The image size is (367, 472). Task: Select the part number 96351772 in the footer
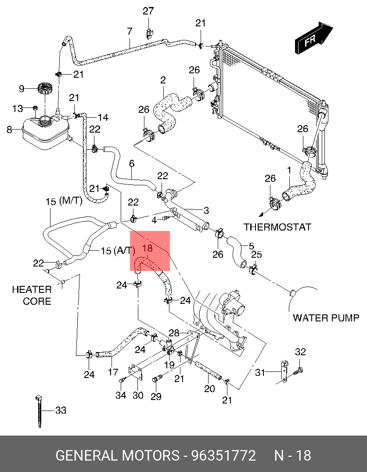(223, 455)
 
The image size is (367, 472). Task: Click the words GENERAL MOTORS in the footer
(117, 455)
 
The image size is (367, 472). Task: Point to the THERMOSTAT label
(277, 227)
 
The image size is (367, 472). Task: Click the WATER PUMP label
(326, 317)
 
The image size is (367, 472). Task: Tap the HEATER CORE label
(32, 295)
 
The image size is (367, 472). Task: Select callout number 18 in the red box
(148, 248)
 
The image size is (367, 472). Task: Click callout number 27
(148, 11)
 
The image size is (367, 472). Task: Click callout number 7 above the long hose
(130, 32)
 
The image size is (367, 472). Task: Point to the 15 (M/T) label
(64, 201)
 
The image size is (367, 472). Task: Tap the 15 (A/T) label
(118, 251)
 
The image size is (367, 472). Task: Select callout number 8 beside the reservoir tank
(10, 130)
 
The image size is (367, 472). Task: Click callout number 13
(17, 108)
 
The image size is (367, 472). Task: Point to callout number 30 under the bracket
(138, 395)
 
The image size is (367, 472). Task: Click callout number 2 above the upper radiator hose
(163, 80)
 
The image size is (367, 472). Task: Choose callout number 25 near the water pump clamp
(256, 255)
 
